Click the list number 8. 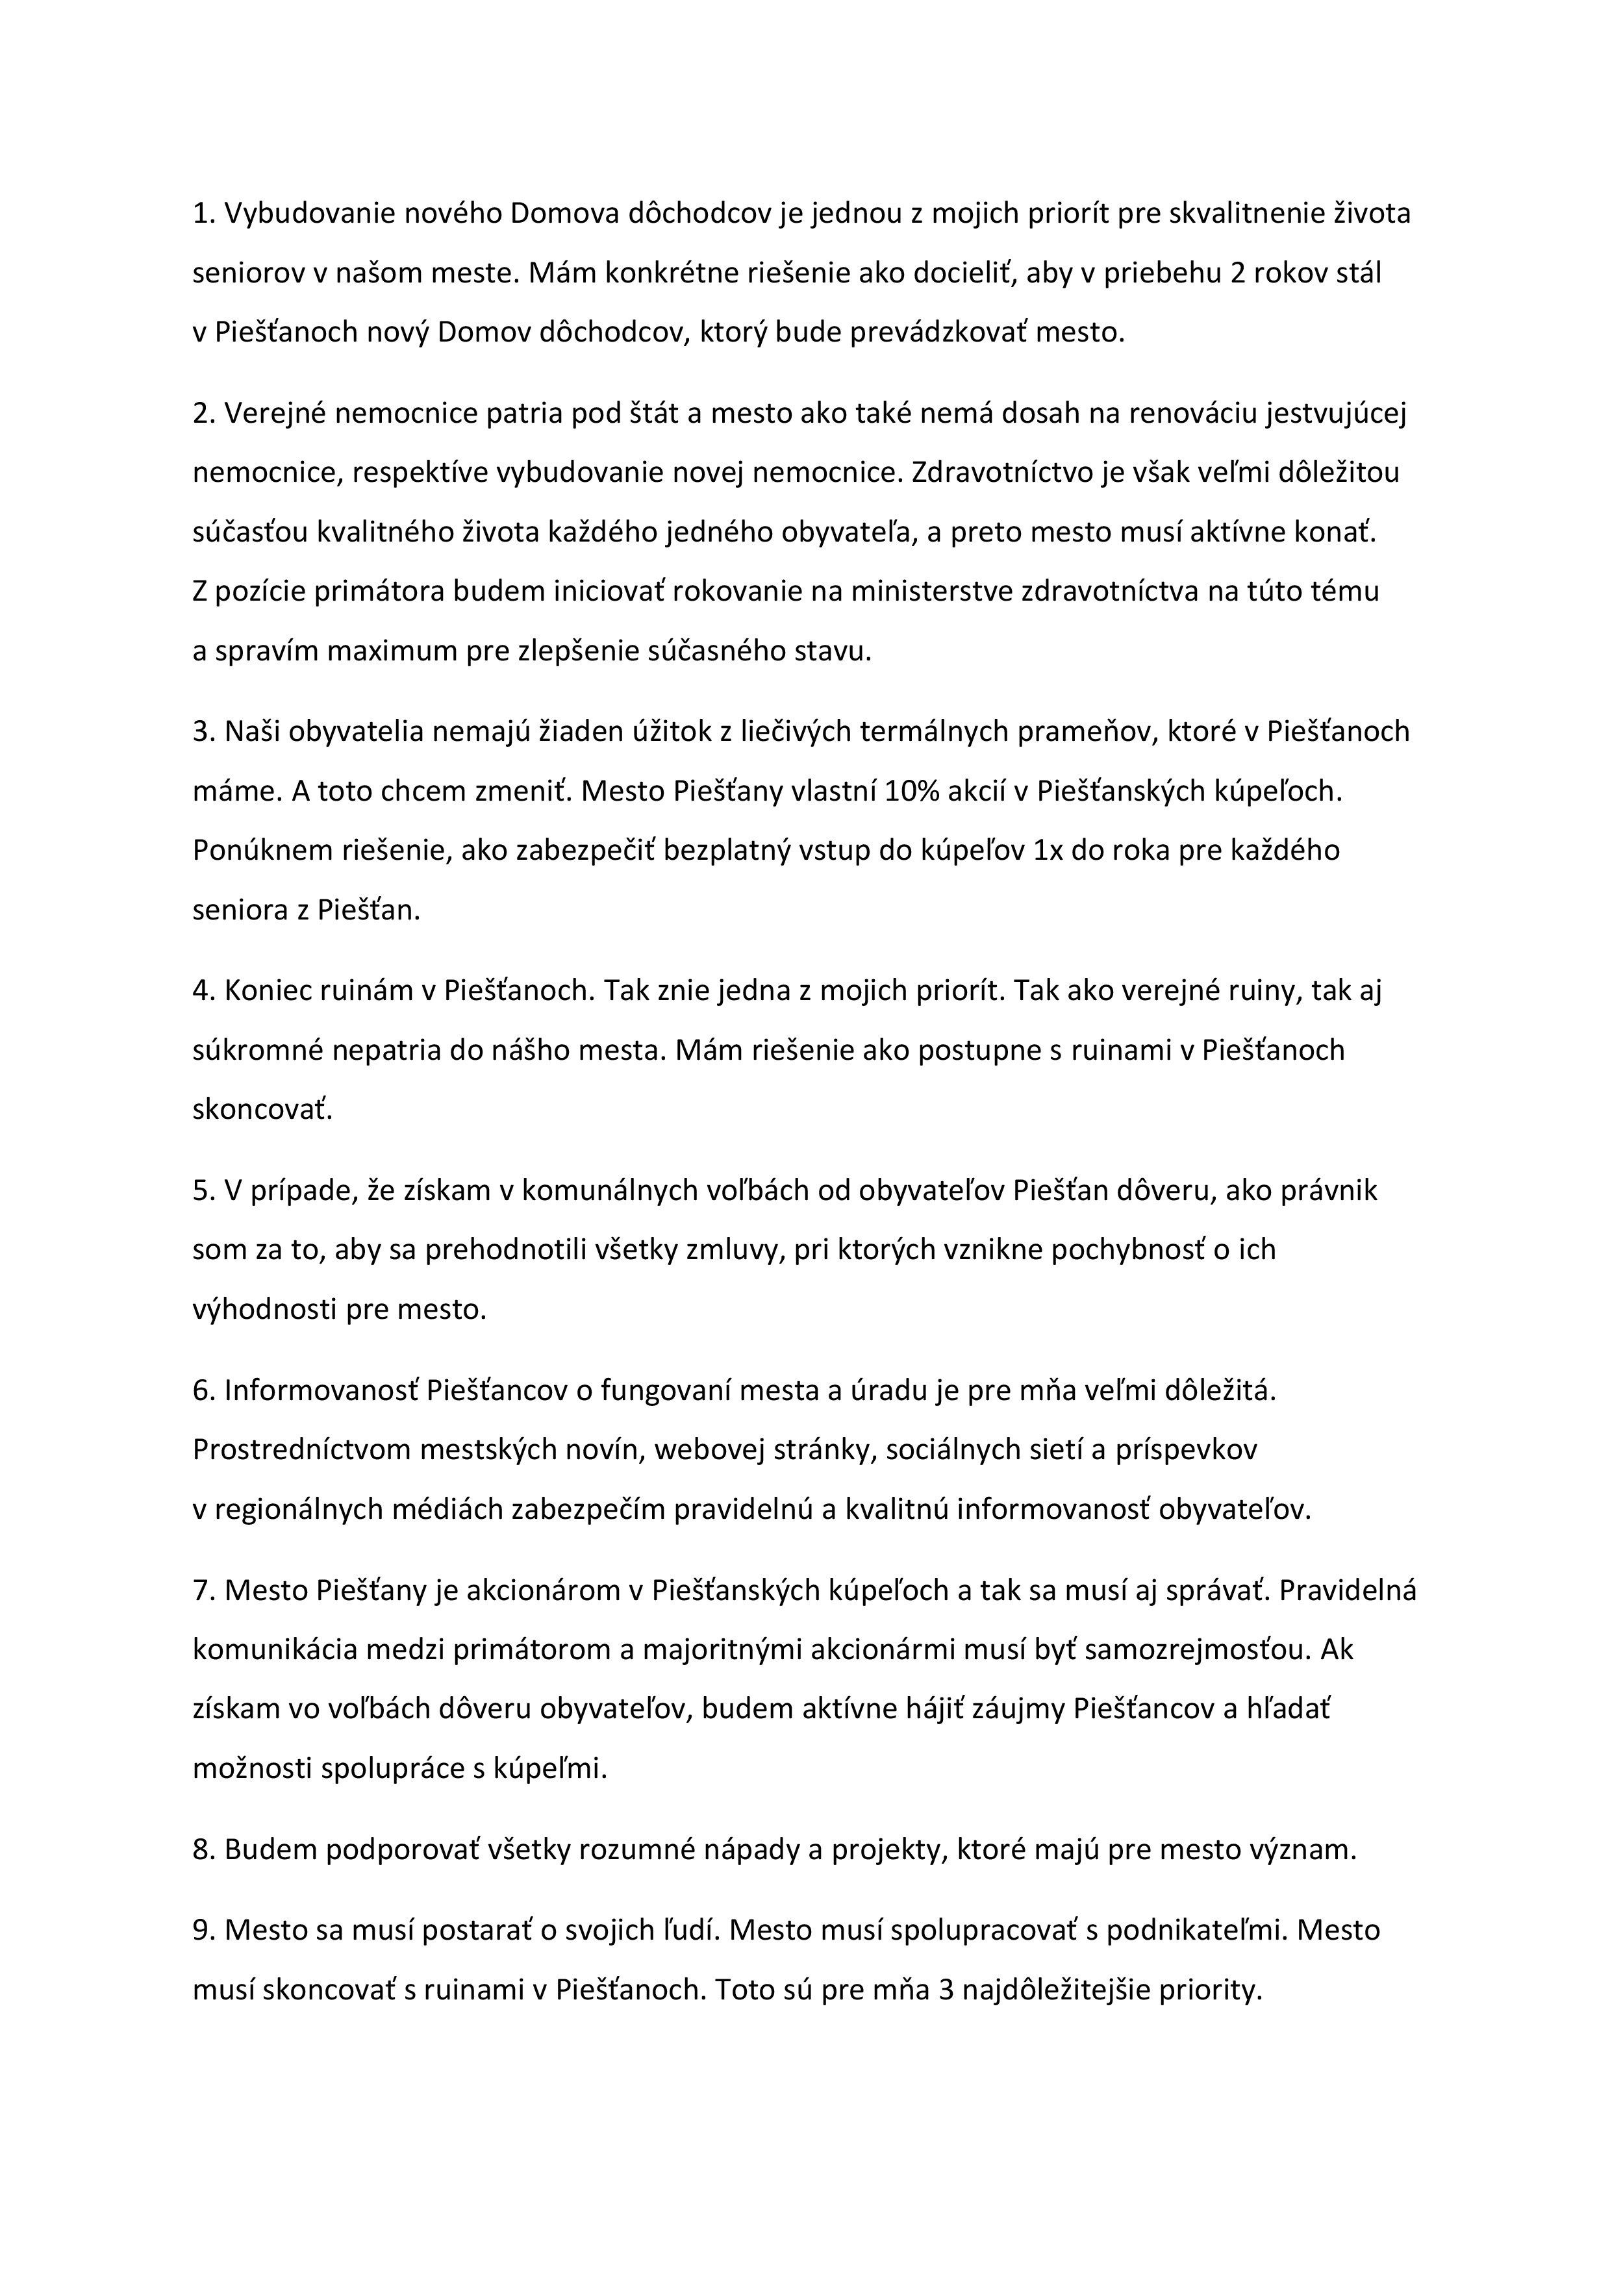(x=203, y=1849)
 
